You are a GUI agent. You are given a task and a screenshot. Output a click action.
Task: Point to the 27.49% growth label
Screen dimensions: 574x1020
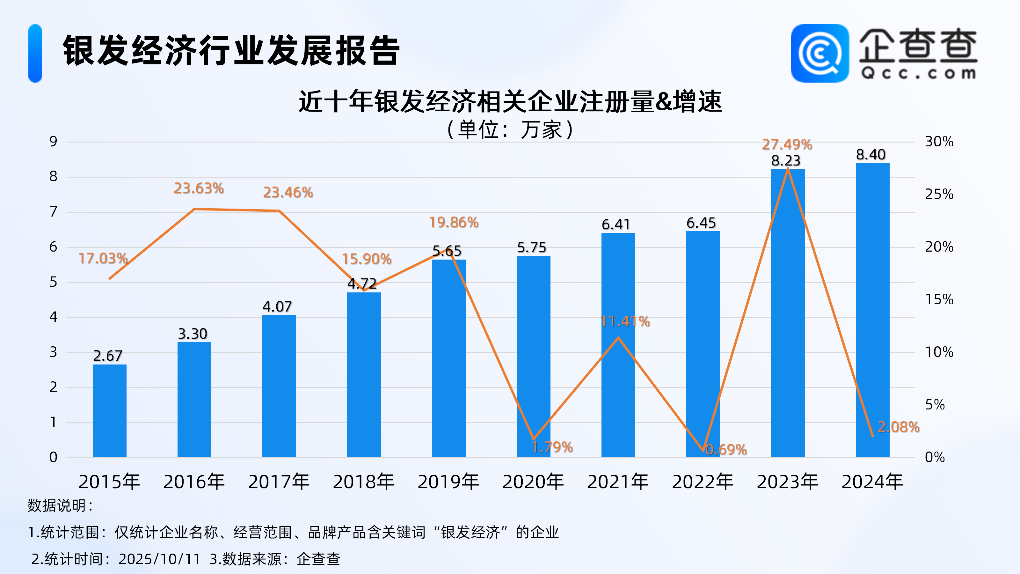(787, 144)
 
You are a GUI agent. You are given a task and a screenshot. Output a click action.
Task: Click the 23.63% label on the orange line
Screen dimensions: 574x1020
(199, 188)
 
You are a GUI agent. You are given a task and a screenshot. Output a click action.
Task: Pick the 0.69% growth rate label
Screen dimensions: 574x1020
(726, 450)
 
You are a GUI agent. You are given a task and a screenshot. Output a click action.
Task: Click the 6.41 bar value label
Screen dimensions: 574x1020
(616, 224)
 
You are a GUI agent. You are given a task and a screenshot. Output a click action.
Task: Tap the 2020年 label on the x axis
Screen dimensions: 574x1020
(533, 482)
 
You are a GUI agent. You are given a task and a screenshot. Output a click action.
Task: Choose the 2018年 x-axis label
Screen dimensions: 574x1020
(363, 482)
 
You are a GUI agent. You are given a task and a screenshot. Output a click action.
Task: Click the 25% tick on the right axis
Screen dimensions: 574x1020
(939, 194)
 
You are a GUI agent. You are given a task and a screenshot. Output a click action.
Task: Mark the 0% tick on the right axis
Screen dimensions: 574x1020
(935, 457)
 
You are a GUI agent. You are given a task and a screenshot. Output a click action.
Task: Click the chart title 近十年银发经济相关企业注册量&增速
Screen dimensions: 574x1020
(510, 101)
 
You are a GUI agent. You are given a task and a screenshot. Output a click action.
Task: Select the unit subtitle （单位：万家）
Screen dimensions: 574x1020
(510, 129)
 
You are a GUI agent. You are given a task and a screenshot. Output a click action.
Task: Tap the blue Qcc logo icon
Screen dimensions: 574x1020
(820, 54)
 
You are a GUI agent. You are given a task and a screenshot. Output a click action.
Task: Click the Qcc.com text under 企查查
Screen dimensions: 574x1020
(918, 74)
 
